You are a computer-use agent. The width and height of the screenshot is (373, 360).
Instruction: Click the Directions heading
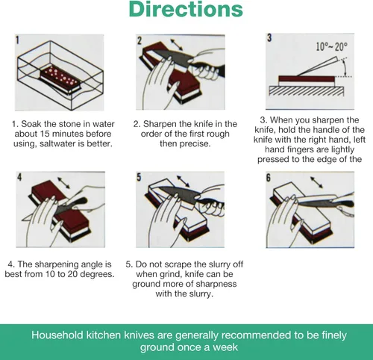186,9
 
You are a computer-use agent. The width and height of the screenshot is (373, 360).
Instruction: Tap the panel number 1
17,40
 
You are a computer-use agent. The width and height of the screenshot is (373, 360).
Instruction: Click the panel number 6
269,178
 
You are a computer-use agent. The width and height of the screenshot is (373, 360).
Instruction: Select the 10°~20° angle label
332,46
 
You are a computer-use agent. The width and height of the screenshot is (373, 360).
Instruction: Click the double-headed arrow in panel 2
176,45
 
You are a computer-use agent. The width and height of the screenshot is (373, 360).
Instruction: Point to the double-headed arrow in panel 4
63,183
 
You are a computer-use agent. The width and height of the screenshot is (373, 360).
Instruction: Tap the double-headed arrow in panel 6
316,182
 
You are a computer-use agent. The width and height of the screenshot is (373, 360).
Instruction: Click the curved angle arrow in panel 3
344,66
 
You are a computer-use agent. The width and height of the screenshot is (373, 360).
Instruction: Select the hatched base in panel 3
307,91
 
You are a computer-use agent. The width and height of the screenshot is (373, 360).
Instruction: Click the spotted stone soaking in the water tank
60,79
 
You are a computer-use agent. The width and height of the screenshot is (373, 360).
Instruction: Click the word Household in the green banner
57,335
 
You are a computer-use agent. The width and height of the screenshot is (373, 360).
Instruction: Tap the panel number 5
139,177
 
